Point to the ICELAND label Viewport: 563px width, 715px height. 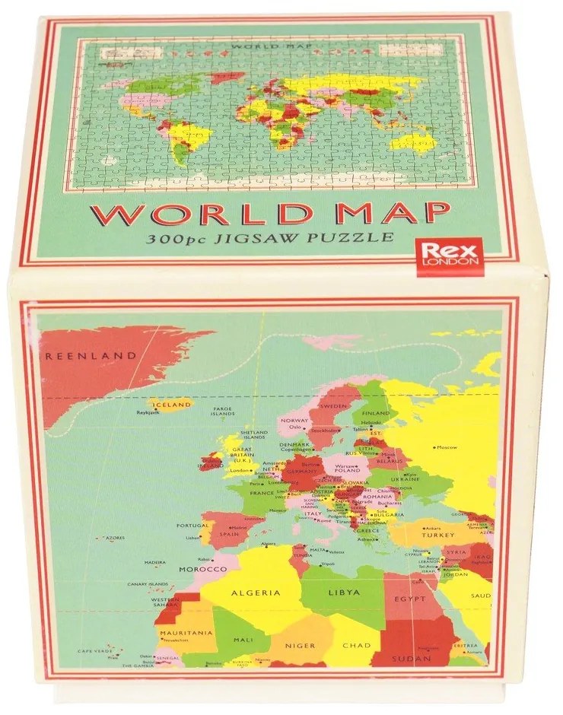pyautogui.click(x=173, y=405)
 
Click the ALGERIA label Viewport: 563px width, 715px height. pyautogui.click(x=256, y=593)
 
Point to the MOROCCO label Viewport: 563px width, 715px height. pyautogui.click(x=199, y=570)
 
